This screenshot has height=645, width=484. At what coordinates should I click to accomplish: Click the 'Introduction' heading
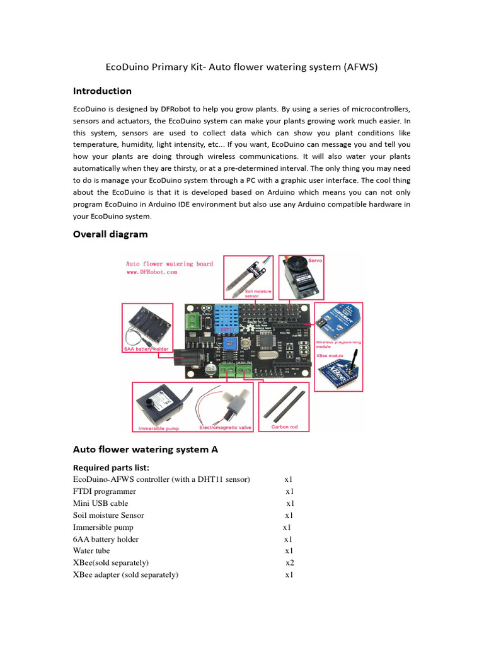click(x=102, y=91)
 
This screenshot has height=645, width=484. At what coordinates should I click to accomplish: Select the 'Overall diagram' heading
click(x=110, y=234)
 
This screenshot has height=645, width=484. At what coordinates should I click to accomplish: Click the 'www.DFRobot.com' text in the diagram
click(x=151, y=273)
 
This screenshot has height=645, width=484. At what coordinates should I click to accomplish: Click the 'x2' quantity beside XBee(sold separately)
click(x=290, y=562)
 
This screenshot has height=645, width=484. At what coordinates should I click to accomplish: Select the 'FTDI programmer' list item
click(x=105, y=491)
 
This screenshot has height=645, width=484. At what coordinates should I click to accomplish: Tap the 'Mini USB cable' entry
click(x=101, y=503)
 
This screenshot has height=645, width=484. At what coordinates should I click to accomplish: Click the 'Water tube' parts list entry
click(x=91, y=551)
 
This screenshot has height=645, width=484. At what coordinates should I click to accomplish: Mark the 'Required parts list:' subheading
click(x=112, y=467)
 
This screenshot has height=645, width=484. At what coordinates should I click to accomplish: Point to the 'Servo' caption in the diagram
click(x=315, y=260)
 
